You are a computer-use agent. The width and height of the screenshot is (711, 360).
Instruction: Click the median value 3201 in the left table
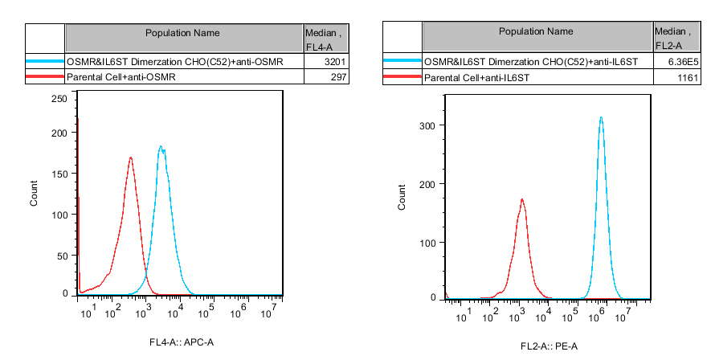pos(333,61)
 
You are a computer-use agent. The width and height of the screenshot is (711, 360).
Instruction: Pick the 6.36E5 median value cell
pos(684,62)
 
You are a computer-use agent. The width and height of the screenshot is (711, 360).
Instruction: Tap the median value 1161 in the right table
pos(689,78)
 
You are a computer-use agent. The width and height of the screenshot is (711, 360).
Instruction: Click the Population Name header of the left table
pos(182,33)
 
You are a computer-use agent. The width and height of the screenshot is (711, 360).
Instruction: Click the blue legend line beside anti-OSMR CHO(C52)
pos(45,61)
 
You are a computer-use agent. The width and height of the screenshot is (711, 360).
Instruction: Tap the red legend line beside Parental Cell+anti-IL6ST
pos(402,78)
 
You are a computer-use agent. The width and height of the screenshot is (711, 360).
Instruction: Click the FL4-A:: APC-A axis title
pos(182,343)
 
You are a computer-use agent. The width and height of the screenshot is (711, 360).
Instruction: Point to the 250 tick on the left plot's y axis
pos(59,98)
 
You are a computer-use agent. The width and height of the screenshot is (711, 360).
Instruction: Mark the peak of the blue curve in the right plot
pos(600,117)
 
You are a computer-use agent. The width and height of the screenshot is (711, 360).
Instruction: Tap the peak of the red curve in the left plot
pos(130,157)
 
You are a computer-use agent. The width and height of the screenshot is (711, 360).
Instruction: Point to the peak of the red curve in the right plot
pos(522,199)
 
